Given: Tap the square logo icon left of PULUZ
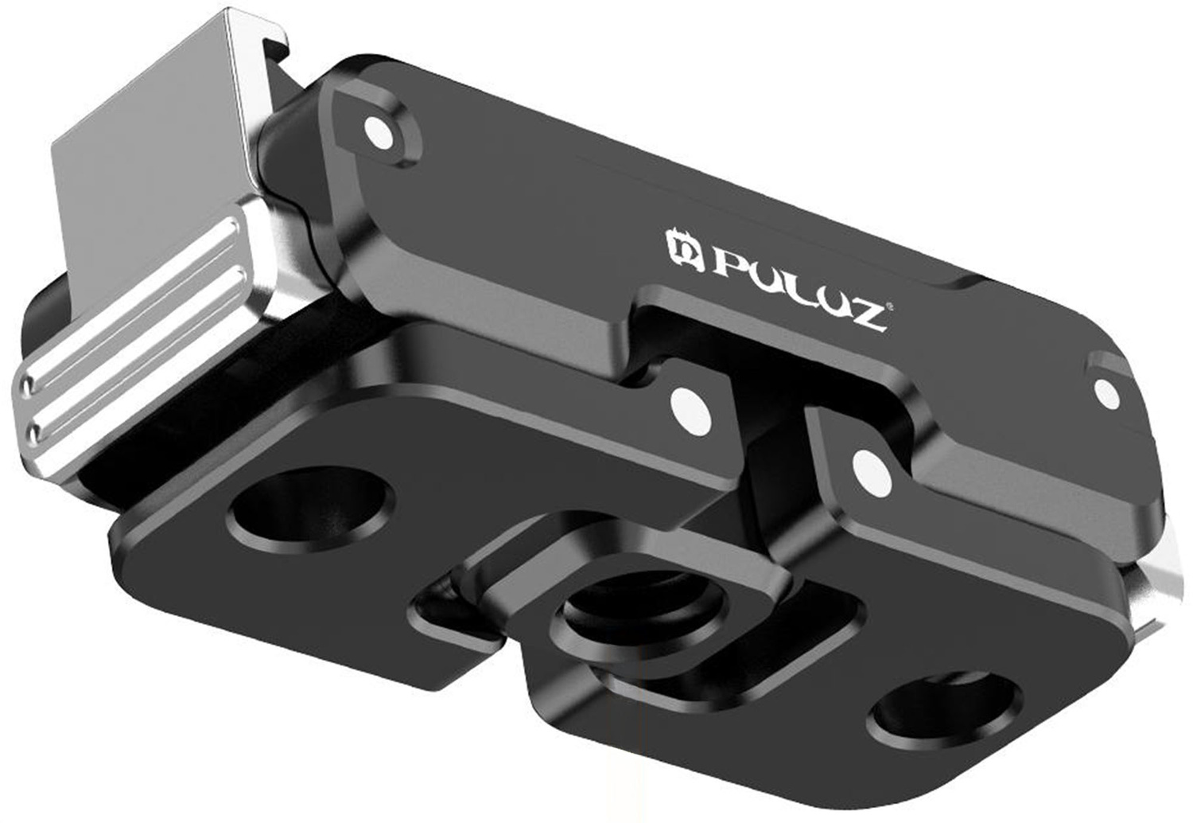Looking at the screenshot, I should tap(684, 248).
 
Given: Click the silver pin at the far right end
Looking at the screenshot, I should tap(1106, 391).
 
